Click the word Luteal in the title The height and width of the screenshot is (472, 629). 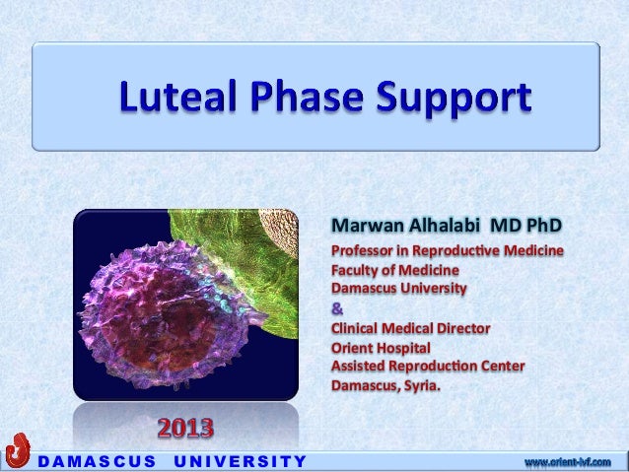point(178,101)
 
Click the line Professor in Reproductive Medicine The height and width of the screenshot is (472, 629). point(447,252)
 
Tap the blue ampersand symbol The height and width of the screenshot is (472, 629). point(336,307)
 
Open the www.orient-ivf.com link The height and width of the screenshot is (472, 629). point(567,461)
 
